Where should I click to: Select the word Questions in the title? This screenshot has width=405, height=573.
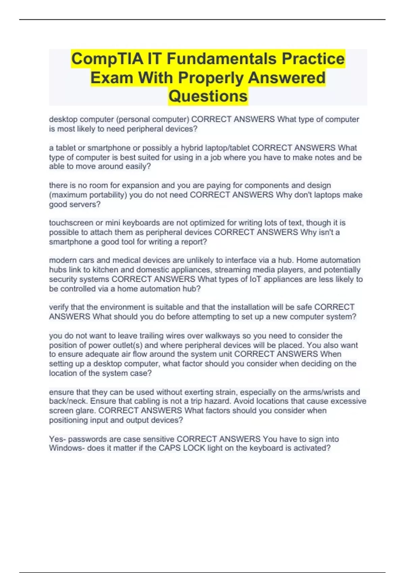pos(208,96)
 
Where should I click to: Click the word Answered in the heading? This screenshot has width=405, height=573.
pos(287,78)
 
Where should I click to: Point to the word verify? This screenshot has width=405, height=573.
pos(59,307)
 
